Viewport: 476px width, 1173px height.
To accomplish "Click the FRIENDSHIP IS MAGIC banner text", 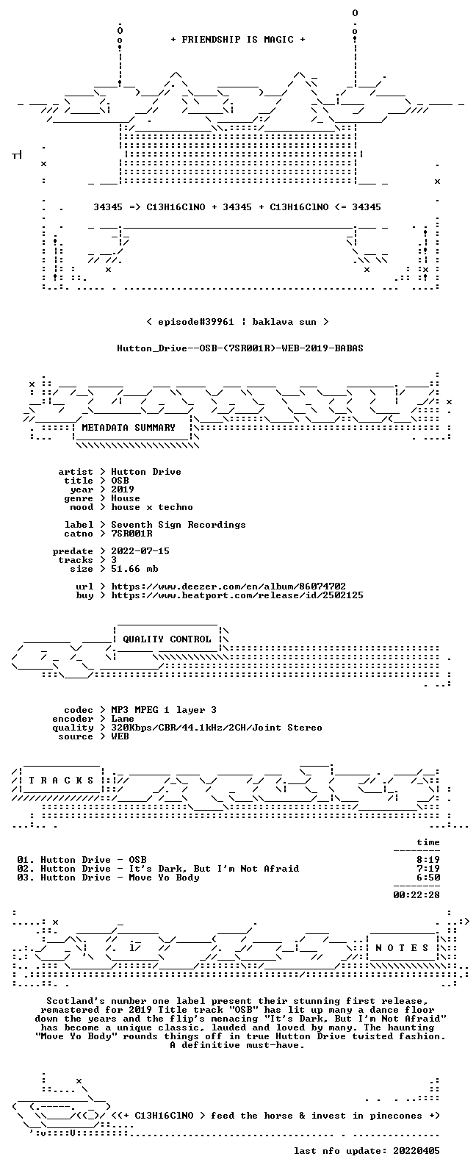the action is [238, 40].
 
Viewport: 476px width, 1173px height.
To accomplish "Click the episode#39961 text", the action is [196, 321].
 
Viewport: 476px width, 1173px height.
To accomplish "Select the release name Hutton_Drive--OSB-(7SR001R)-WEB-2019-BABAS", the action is [239, 348].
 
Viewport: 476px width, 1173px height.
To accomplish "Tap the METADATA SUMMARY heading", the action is [129, 427].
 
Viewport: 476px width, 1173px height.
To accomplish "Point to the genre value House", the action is [125, 498].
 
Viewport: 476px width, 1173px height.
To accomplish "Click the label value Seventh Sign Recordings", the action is [178, 525].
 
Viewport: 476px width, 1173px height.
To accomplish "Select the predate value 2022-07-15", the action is [140, 551].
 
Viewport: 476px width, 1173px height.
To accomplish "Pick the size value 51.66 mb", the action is [134, 569].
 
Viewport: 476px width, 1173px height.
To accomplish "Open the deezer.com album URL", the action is [228, 586].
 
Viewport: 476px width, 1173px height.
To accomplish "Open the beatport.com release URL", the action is [237, 595].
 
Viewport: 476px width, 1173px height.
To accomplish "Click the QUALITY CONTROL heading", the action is [167, 639].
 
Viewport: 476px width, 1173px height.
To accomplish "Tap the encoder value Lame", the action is [123, 719].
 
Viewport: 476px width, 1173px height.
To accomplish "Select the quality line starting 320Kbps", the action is [216, 728].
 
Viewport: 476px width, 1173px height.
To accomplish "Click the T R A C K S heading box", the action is [61, 781].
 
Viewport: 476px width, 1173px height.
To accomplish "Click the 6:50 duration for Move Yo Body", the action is [428, 878].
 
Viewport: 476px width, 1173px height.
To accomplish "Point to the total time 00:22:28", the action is [416, 895].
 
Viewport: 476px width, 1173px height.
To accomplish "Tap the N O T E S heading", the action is [402, 948].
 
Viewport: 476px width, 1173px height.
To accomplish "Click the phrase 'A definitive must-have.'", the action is [237, 1045].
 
